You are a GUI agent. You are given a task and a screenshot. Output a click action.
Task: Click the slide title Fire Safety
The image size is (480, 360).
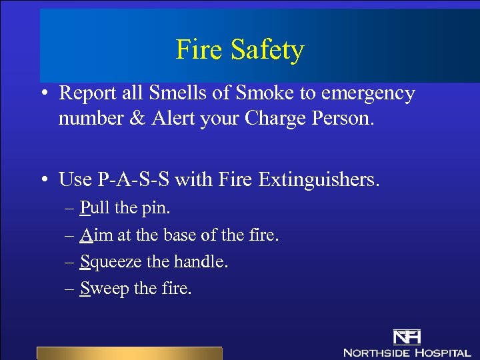tap(239, 49)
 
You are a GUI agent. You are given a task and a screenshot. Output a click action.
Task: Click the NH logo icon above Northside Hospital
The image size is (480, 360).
tap(406, 337)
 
